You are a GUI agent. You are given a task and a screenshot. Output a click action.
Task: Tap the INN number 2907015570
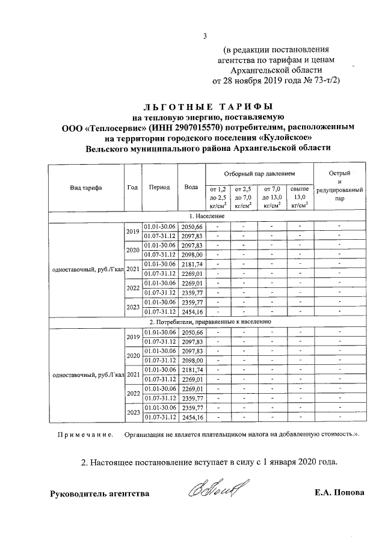[194, 127]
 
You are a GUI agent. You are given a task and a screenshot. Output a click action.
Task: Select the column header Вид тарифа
[86, 187]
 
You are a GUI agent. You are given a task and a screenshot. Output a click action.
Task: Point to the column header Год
[132, 187]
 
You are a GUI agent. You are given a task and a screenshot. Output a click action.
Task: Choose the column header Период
[159, 187]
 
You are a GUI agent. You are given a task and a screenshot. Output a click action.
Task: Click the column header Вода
[192, 187]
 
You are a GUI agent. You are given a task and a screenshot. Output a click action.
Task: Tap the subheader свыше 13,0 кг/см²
[300, 197]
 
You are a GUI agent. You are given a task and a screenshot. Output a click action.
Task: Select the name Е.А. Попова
[339, 494]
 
